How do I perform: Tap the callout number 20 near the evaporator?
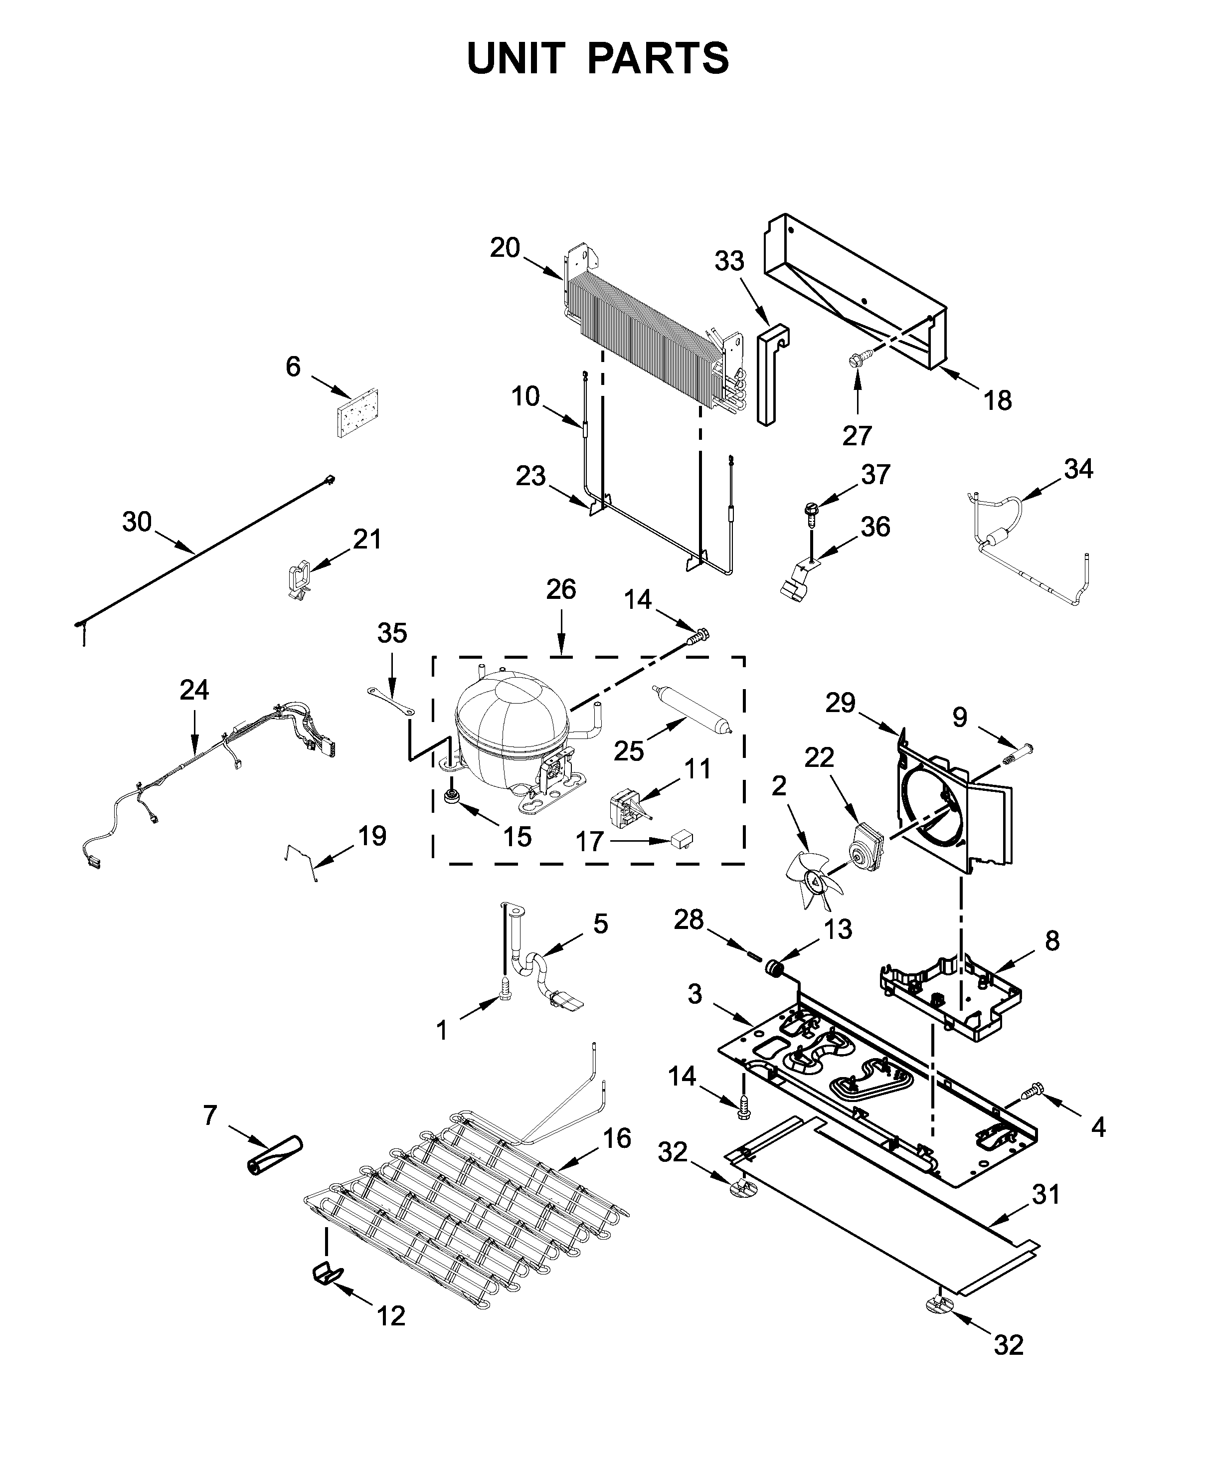[x=505, y=248]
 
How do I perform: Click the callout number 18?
[x=998, y=401]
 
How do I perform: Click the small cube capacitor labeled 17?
[x=681, y=838]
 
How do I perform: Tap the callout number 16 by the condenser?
[x=617, y=1139]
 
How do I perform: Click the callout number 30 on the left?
[x=137, y=522]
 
